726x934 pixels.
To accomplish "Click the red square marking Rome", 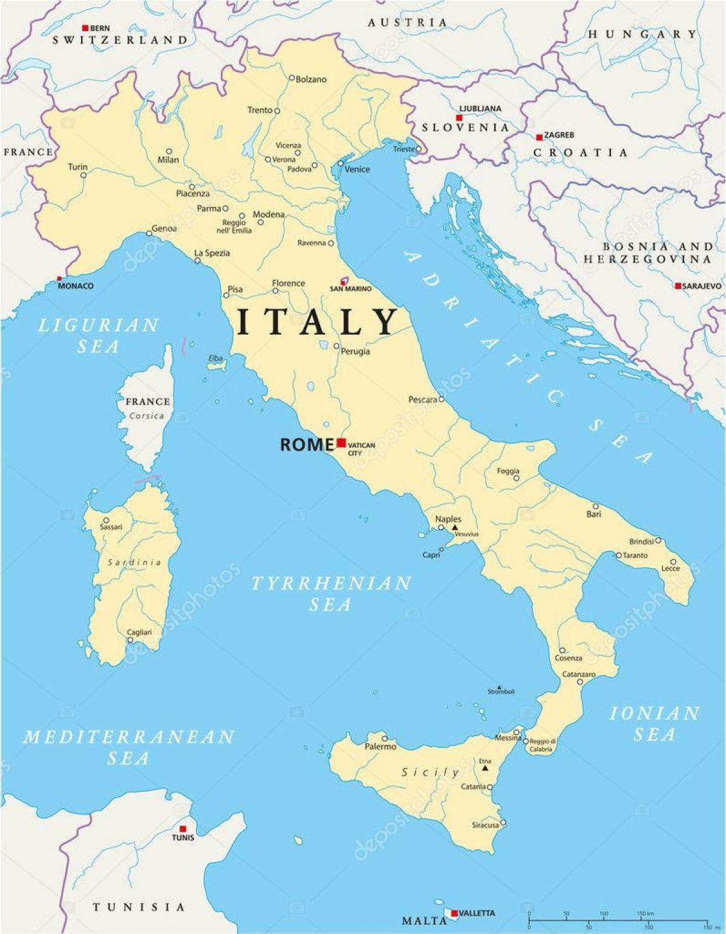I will tap(341, 442).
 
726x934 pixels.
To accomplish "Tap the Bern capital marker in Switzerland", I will tap(85, 28).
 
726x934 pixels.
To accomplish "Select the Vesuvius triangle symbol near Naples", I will tap(454, 527).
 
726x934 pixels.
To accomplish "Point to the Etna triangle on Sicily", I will tap(485, 768).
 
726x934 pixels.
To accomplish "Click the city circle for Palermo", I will tap(385, 738).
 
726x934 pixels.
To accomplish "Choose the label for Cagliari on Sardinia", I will tap(139, 632).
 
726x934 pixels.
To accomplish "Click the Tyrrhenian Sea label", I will tap(330, 594).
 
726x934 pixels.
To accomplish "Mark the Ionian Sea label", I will tap(654, 723).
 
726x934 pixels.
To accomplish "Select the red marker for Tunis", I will tap(183, 829).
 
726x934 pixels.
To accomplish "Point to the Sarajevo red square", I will tap(678, 286).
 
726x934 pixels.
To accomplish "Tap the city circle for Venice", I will tap(341, 163).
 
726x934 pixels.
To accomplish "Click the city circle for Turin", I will tap(83, 176).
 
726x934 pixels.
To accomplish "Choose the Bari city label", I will tap(594, 514).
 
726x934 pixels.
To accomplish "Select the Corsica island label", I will tap(146, 416).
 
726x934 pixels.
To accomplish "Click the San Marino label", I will tap(350, 289).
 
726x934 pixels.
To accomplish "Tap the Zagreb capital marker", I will tap(539, 137).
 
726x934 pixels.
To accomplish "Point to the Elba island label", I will tap(215, 358).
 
